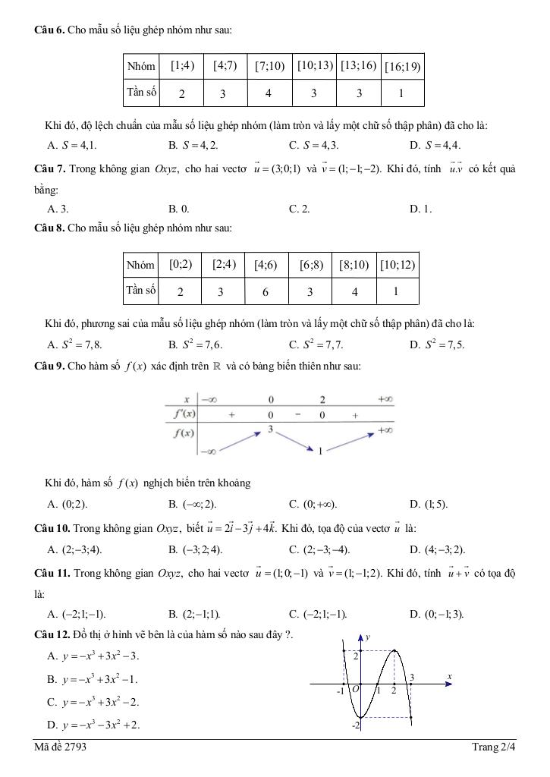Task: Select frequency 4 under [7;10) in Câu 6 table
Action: tap(269, 94)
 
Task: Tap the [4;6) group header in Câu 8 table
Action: tap(266, 266)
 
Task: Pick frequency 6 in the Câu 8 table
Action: tap(266, 291)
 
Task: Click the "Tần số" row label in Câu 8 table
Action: tap(140, 290)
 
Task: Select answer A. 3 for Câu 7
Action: tap(58, 209)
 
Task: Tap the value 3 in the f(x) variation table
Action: tap(269, 429)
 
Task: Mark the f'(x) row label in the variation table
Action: tap(182, 414)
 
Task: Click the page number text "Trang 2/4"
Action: tap(493, 747)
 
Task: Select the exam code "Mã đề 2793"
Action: tap(61, 747)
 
